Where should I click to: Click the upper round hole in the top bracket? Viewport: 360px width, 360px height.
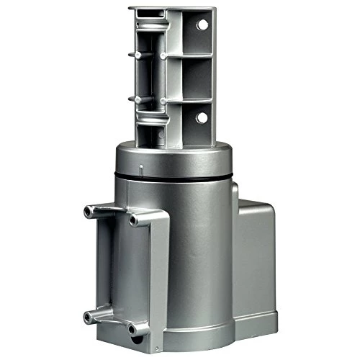pos(202,25)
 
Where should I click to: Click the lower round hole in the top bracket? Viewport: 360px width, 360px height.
pos(202,117)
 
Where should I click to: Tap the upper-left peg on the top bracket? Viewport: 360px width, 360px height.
pos(132,53)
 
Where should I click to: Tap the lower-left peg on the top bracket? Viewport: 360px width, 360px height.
pos(132,97)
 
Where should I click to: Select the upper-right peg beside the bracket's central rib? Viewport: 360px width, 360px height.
pos(165,54)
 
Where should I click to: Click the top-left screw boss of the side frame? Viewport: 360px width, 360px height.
pos(89,210)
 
